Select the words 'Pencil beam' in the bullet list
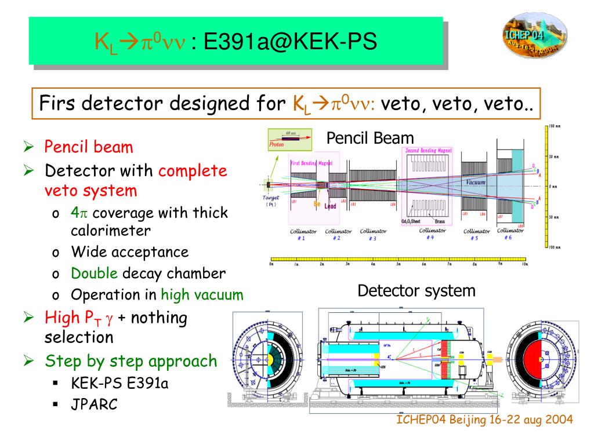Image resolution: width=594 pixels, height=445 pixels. pos(89,147)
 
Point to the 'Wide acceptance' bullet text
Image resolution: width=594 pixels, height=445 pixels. pos(129,252)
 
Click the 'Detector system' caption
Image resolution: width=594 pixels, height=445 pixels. pos(416,290)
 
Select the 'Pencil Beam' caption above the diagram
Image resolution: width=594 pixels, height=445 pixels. pos(370,138)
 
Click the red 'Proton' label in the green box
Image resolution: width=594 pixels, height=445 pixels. pos(277,144)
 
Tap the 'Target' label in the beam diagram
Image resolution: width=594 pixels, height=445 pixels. pos(271,198)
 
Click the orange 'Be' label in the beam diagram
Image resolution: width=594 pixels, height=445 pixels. pos(317,204)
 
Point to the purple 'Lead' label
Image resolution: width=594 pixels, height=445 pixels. pos(330,206)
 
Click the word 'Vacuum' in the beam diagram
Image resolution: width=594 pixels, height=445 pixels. pos(476,182)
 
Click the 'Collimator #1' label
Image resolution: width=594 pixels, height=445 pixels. pos(303,235)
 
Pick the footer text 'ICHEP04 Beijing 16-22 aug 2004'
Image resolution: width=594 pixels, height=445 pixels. pos(485,420)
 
